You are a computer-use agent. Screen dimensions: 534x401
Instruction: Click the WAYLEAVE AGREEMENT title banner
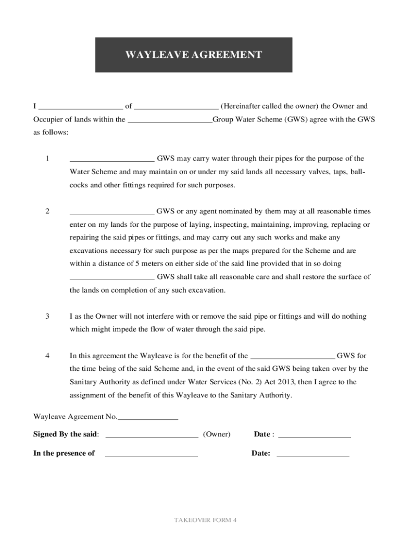[x=193, y=55]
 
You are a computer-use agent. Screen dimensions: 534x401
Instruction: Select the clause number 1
[x=47, y=159]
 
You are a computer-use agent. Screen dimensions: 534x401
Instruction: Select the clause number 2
[x=47, y=211]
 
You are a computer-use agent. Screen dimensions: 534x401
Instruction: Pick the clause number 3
[x=47, y=317]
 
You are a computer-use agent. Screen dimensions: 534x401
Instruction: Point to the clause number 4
[x=47, y=356]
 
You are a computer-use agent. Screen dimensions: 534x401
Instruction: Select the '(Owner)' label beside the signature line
[x=217, y=434]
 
